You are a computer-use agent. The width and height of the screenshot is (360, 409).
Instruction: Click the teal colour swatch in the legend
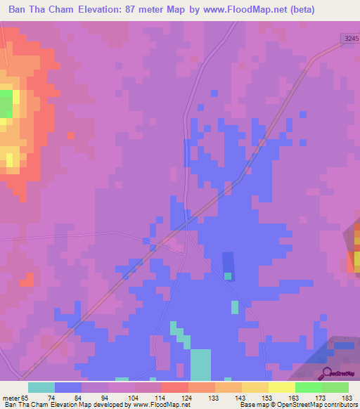tap(41, 387)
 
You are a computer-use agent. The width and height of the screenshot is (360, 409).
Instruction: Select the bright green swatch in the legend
tap(308, 387)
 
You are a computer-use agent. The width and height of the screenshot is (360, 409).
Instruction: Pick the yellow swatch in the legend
tap(281, 387)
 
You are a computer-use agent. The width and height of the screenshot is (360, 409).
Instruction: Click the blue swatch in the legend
tap(67, 387)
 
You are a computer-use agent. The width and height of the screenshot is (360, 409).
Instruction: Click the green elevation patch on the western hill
tap(6, 103)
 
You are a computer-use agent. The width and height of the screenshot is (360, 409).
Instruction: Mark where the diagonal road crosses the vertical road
tap(185, 223)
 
